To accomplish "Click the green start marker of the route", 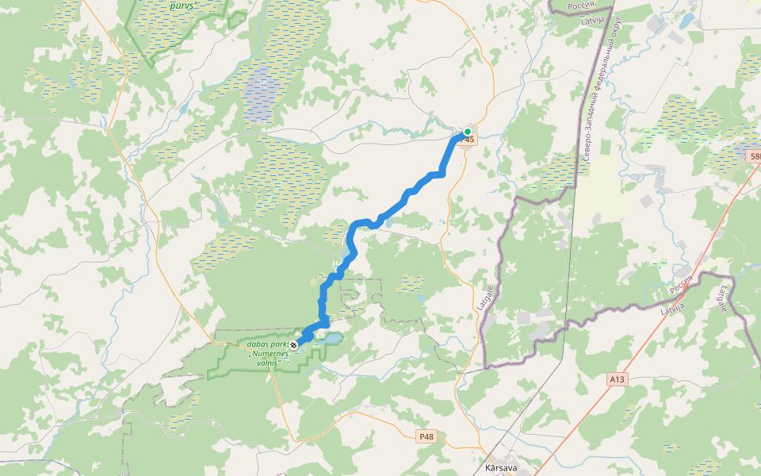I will tap(468, 132).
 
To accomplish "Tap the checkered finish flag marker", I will tap(295, 344).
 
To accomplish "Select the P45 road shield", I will tap(468, 140).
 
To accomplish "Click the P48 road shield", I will tap(426, 436).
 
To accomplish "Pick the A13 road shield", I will tap(618, 380).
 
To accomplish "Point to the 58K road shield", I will tap(753, 157).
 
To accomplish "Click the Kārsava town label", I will tap(501, 468).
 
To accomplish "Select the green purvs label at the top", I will tap(183, 5).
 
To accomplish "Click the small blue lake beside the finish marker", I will tap(331, 339).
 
